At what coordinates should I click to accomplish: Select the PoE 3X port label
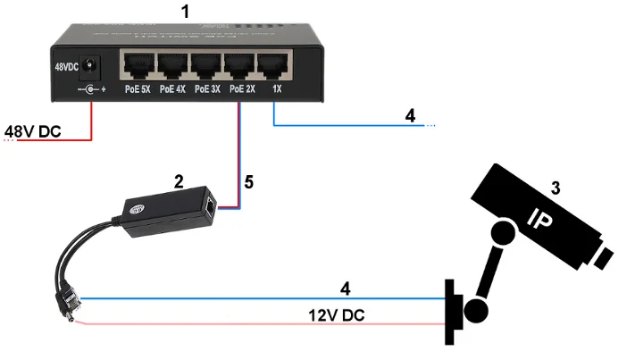click(x=209, y=90)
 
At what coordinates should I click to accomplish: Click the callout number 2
click(x=179, y=181)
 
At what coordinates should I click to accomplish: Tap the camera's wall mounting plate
click(x=452, y=312)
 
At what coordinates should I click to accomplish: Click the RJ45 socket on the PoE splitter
click(x=209, y=207)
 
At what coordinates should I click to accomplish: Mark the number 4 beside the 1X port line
click(x=410, y=116)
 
